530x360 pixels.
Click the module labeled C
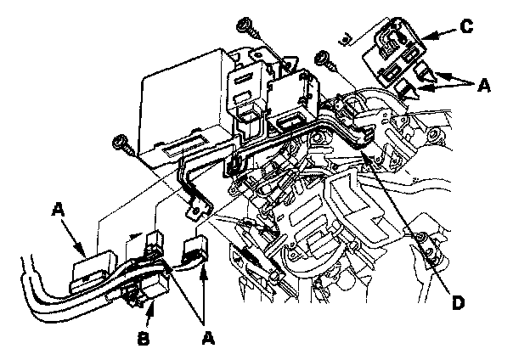click(392, 51)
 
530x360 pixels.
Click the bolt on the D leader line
click(420, 236)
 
